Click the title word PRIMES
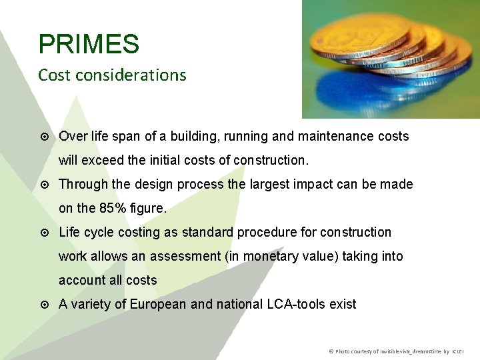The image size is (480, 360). point(89,45)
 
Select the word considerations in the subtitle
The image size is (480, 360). point(131,75)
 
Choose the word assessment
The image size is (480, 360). point(185,256)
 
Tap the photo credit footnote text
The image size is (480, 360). point(396,351)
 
